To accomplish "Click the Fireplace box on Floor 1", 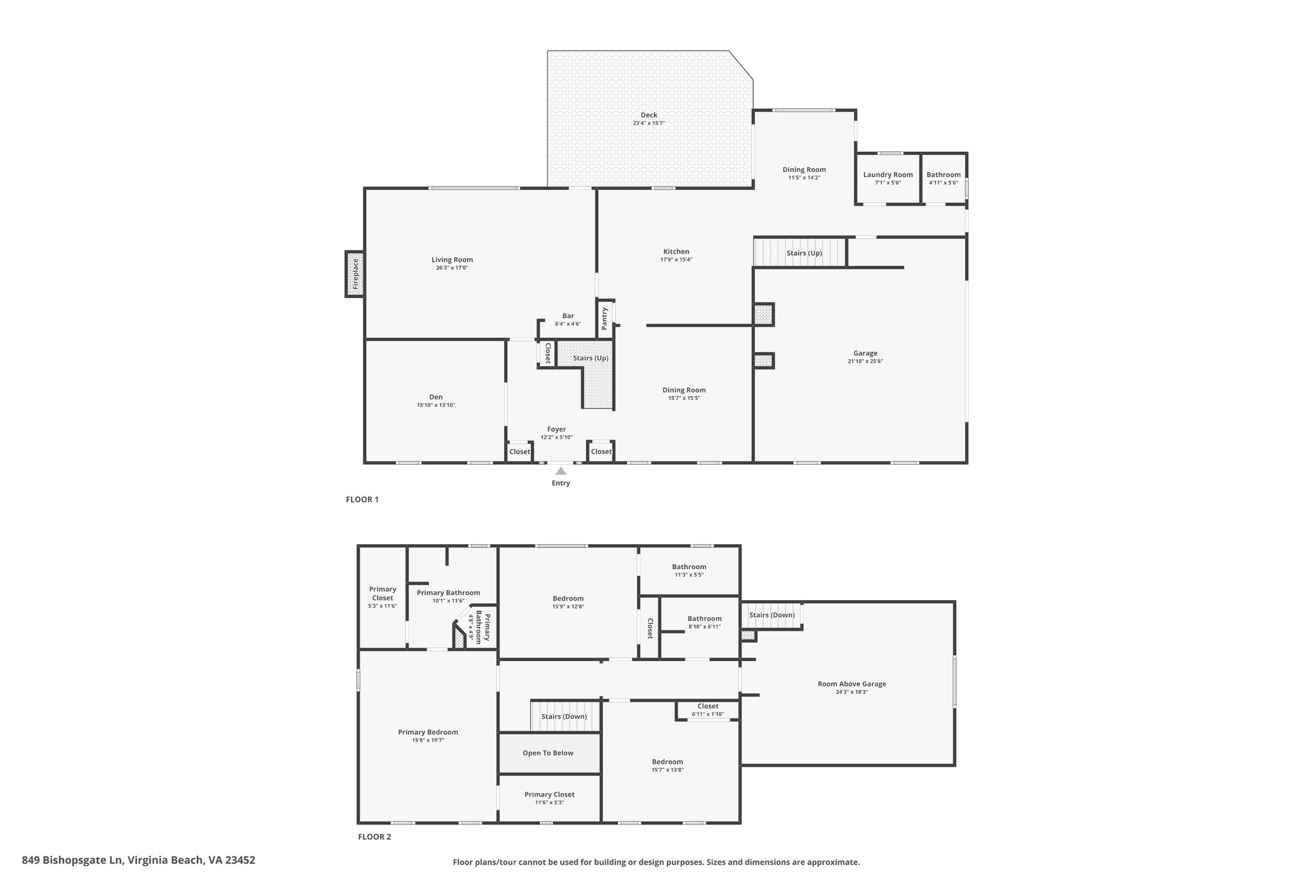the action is [355, 274].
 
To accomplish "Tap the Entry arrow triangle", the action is [561, 471].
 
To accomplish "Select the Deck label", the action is [649, 115].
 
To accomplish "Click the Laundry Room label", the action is [888, 175].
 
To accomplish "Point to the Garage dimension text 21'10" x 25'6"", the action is [866, 362].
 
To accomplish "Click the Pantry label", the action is [605, 319].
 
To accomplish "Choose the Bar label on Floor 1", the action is [568, 316].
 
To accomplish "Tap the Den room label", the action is [436, 397].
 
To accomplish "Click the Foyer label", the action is [556, 429].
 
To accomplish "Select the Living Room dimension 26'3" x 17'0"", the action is [452, 268].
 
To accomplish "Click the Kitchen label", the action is [676, 252].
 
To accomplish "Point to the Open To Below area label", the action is [548, 753].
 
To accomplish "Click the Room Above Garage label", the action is [852, 684].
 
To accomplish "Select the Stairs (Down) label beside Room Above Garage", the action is [772, 615].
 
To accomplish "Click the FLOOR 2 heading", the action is [374, 837].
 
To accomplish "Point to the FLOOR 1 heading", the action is [362, 499].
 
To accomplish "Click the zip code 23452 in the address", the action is [238, 860].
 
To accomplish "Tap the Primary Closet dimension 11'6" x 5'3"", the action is [549, 803].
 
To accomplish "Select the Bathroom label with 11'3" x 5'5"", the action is [689, 567].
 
